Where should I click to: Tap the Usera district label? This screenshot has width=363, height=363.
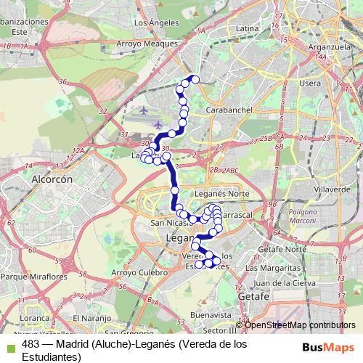tap(310, 83)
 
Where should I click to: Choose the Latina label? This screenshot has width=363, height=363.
tap(248, 28)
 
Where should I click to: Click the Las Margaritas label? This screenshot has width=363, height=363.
tap(274, 268)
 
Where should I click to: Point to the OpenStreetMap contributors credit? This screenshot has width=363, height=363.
tap(299, 325)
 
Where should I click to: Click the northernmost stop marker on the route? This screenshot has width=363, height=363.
tap(195, 79)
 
